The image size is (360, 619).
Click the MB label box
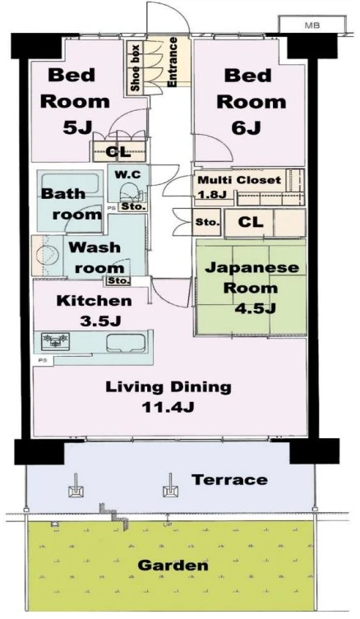(312, 25)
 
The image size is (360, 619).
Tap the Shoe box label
(135, 67)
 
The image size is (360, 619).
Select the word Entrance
(172, 62)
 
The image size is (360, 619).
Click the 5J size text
(77, 127)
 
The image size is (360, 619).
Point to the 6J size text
(247, 128)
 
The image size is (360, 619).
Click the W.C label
(127, 174)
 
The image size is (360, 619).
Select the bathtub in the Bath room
(71, 182)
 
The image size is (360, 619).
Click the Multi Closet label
(239, 180)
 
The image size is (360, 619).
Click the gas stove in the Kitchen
(56, 341)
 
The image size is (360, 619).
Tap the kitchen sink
(126, 342)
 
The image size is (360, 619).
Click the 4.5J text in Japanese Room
(255, 308)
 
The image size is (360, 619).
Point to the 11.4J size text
(168, 407)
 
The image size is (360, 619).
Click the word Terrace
(229, 479)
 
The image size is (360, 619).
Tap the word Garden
(173, 566)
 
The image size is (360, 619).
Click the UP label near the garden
(167, 525)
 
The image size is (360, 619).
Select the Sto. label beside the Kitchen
(118, 280)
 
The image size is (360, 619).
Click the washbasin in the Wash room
(48, 256)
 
